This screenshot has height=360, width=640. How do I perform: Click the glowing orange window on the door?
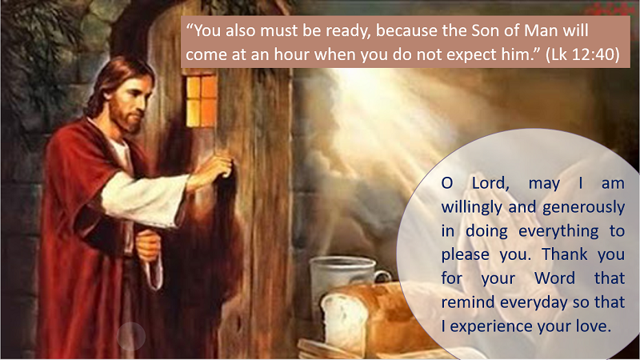click(202, 102)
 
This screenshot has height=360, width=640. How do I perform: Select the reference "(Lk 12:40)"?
click(582, 54)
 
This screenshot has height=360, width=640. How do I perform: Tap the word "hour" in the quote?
click(291, 54)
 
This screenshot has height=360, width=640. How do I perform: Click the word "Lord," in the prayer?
click(490, 183)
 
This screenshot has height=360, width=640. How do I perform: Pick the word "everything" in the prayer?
click(558, 231)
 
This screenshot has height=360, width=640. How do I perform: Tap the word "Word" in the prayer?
click(555, 278)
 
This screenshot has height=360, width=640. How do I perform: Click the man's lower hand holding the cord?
click(148, 245)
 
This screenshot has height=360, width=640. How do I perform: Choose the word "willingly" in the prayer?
click(472, 208)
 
